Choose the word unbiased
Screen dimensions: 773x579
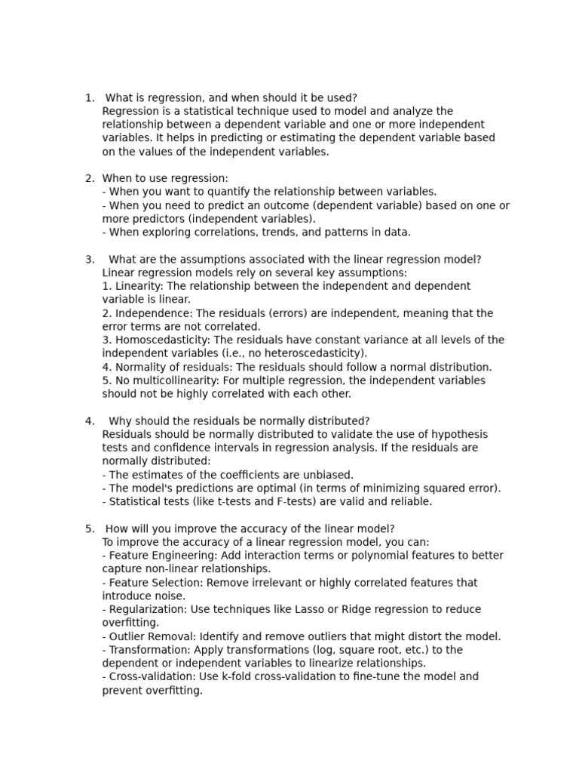(x=328, y=475)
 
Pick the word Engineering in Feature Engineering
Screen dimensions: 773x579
(x=188, y=556)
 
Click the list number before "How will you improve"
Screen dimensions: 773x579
(x=89, y=528)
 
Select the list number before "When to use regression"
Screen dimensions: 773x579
(x=89, y=178)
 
